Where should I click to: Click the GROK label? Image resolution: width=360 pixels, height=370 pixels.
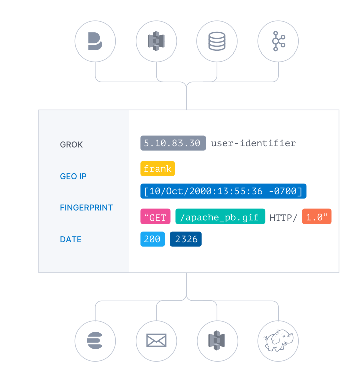pyautogui.click(x=71, y=145)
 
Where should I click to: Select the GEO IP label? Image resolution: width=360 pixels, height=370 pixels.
pyautogui.click(x=73, y=176)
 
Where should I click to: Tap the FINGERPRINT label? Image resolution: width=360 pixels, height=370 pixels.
pyautogui.click(x=86, y=207)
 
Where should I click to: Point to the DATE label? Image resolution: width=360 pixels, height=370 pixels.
pyautogui.click(x=71, y=239)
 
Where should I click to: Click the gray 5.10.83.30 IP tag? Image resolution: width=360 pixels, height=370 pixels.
pyautogui.click(x=173, y=143)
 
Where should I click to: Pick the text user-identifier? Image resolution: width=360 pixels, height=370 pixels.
pyautogui.click(x=254, y=143)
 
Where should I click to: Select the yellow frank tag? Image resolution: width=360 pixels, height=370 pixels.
pyautogui.click(x=158, y=169)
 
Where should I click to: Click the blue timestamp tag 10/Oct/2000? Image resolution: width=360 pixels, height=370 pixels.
pyautogui.click(x=223, y=191)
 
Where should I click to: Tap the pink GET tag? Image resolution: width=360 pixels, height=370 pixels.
pyautogui.click(x=155, y=217)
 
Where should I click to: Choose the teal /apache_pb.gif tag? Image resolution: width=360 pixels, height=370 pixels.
pyautogui.click(x=220, y=217)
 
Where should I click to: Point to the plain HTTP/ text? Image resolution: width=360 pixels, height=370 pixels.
pyautogui.click(x=283, y=218)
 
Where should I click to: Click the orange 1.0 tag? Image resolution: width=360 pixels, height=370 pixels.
pyautogui.click(x=317, y=217)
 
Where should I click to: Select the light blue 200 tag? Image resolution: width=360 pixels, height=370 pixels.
pyautogui.click(x=152, y=239)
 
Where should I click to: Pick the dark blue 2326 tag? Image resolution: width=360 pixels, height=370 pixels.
pyautogui.click(x=186, y=239)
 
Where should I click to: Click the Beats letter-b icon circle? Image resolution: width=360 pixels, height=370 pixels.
pyautogui.click(x=95, y=41)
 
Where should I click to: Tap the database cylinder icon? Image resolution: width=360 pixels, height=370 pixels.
pyautogui.click(x=217, y=41)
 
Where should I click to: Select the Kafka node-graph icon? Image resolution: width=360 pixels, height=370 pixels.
pyautogui.click(x=278, y=41)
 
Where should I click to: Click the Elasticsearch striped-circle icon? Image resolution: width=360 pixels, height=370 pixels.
pyautogui.click(x=95, y=341)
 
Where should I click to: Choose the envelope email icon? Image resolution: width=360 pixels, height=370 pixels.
pyautogui.click(x=156, y=341)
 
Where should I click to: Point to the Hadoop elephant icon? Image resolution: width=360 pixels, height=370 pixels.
pyautogui.click(x=278, y=341)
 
